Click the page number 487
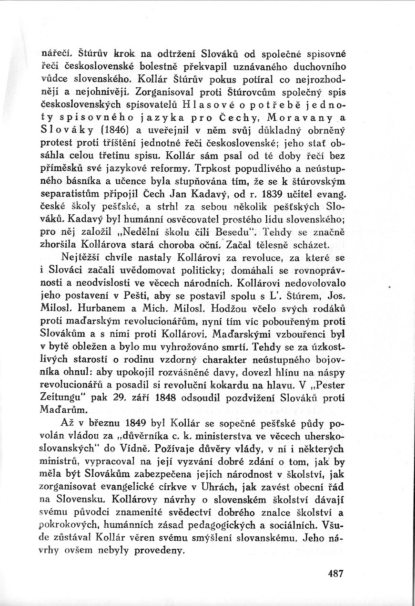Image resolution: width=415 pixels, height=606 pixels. [x=335, y=574]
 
